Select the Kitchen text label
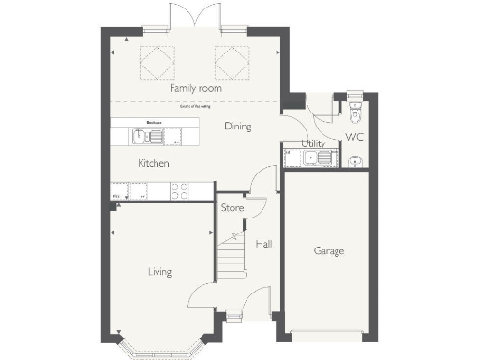point(154,163)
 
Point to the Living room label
point(160,272)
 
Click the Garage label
point(329,251)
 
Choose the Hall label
point(263,244)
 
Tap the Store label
point(232,207)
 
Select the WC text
point(354,137)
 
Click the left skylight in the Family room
point(156,62)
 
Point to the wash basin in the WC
point(355,161)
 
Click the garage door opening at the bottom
point(329,336)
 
